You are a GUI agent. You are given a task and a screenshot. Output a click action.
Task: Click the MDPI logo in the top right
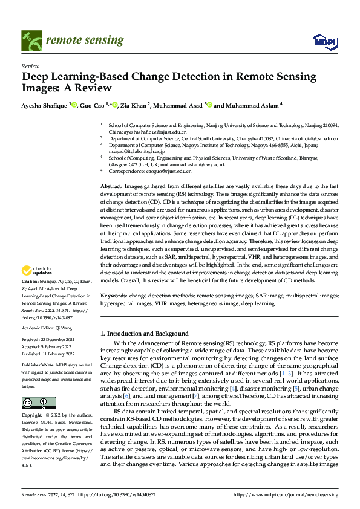coord(324,41)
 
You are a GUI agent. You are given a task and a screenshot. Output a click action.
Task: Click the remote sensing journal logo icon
coord(29,41)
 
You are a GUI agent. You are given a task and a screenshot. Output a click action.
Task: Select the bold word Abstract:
coord(111,185)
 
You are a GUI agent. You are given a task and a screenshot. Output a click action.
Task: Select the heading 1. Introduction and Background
coord(145,333)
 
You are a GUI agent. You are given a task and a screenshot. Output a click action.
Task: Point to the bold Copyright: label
coord(32,417)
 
